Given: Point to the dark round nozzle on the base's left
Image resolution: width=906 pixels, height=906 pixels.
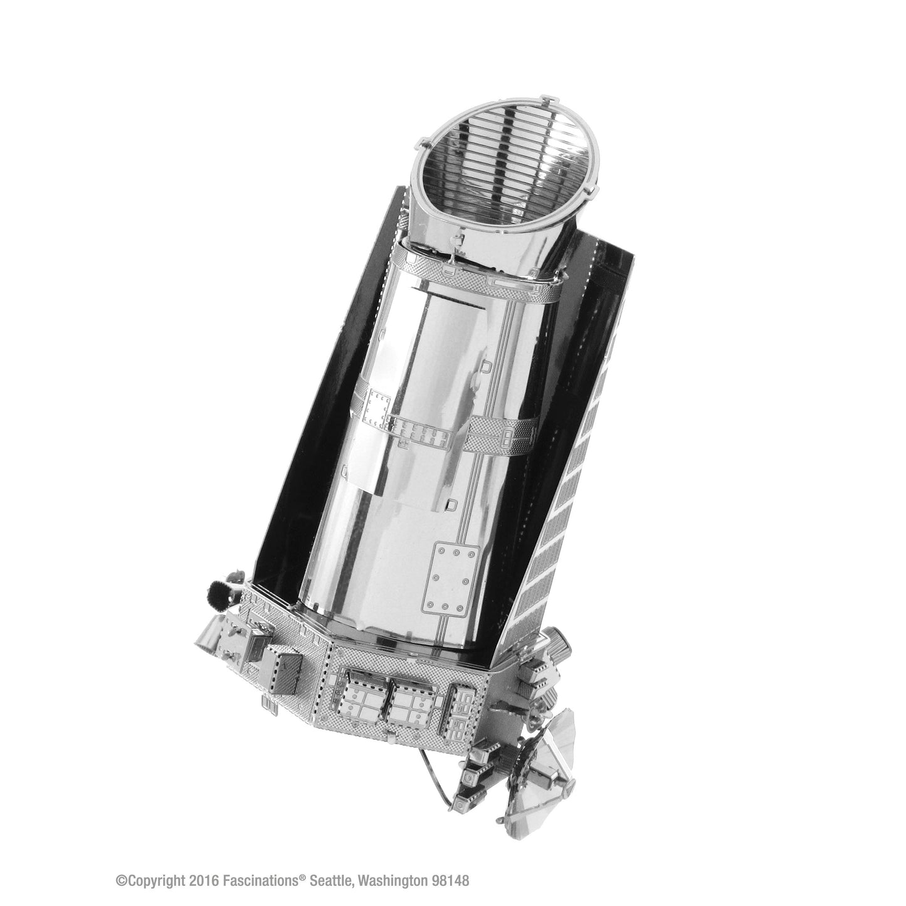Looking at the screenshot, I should [220, 595].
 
